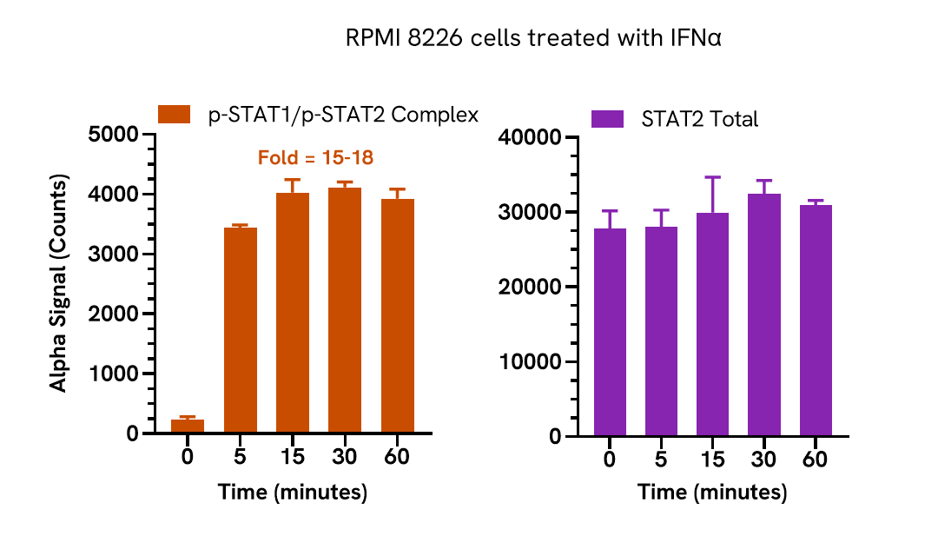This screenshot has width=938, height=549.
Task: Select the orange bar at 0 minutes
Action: click(x=188, y=426)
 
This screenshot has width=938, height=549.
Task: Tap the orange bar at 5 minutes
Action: click(x=241, y=330)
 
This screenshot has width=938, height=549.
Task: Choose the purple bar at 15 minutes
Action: click(x=713, y=325)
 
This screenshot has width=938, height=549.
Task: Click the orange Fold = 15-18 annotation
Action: click(x=315, y=158)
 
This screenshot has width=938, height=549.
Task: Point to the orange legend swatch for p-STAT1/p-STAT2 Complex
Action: click(x=174, y=115)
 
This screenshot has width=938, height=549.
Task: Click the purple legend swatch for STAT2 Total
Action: click(x=607, y=119)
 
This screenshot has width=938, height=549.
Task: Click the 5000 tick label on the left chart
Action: click(x=115, y=135)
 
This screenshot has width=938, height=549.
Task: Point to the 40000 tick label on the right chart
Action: click(x=529, y=137)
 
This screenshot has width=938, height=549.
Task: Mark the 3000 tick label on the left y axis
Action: click(x=115, y=255)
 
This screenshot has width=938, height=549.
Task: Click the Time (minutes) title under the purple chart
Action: click(x=712, y=493)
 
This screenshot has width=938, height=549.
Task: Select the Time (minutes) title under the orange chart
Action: click(x=293, y=493)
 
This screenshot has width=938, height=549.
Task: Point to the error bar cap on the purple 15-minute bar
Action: click(x=713, y=177)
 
